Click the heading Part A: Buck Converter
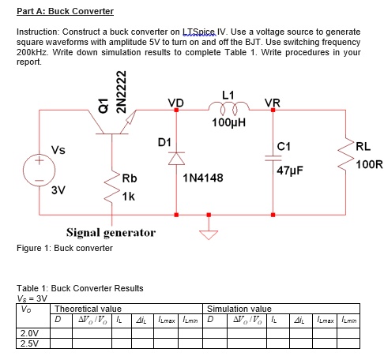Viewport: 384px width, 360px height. (65, 11)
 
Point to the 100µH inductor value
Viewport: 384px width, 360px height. (229, 123)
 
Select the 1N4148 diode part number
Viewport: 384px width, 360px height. (202, 178)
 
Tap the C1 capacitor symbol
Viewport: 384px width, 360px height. (273, 157)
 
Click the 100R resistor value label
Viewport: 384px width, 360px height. (369, 165)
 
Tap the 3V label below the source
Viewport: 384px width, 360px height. (58, 190)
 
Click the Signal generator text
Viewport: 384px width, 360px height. (110, 233)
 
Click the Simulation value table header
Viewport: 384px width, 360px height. (239, 309)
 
